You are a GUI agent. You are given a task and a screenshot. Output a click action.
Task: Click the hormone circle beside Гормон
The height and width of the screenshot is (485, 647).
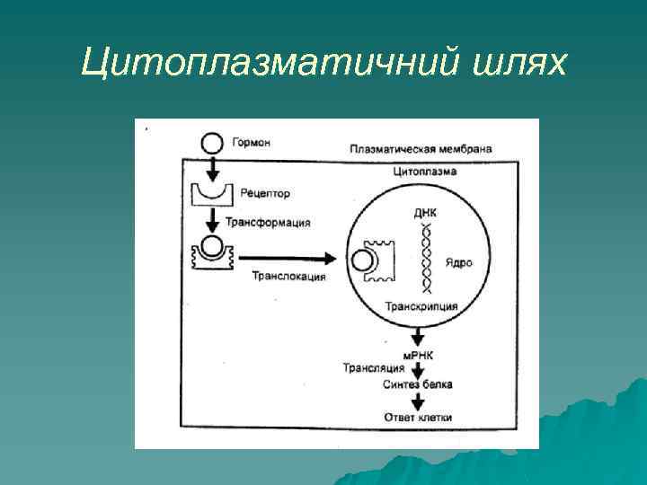[x=211, y=142]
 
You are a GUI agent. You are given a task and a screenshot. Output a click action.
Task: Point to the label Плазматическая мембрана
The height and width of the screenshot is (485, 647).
[x=421, y=148]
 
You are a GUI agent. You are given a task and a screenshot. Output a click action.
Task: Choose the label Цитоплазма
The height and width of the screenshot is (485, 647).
[x=425, y=171]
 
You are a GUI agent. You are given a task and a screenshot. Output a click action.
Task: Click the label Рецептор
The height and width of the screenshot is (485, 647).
[x=265, y=193]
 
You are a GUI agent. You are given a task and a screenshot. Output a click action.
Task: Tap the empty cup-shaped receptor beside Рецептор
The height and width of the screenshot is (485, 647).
[x=213, y=192]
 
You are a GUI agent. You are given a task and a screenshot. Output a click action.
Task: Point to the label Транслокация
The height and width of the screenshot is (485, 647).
[x=288, y=277]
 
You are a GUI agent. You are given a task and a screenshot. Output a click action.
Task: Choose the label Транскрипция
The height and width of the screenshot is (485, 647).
[x=421, y=306]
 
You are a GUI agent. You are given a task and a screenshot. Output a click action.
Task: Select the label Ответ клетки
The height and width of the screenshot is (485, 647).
[x=417, y=418]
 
